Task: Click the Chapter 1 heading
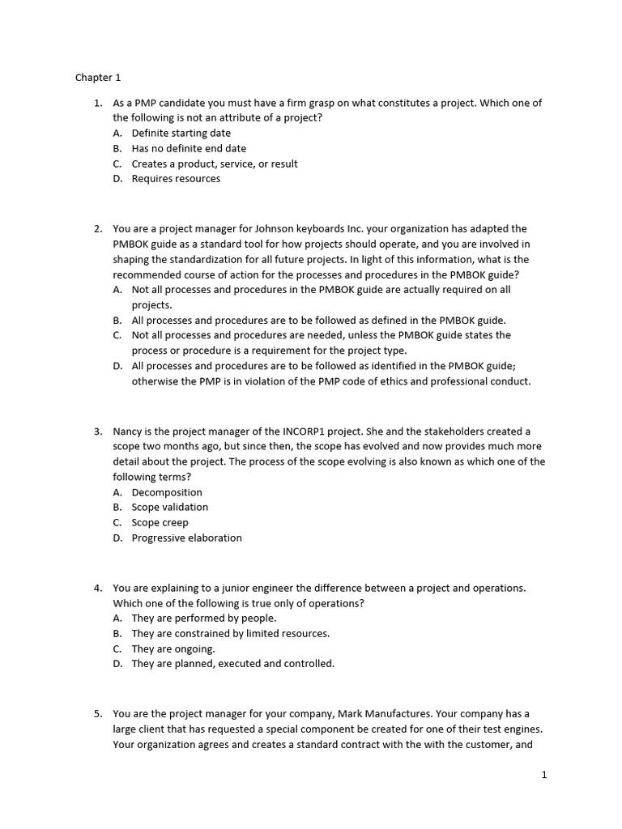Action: coord(98,78)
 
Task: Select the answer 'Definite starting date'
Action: coord(181,133)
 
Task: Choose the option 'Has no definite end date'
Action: coord(189,148)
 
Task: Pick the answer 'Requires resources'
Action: coord(176,178)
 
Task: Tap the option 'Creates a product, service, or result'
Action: coord(215,164)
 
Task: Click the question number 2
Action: coord(97,229)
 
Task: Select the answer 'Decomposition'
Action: coord(167,492)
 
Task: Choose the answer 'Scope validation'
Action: coord(170,507)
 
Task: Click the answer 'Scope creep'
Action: coord(160,522)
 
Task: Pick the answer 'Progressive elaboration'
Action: coord(186,538)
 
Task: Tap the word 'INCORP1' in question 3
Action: coord(327,432)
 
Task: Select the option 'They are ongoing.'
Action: coord(173,648)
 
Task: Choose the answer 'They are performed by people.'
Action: coord(204,618)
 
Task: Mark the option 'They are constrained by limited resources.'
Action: coord(231,633)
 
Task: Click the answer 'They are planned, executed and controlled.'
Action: coord(232,663)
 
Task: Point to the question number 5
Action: coord(97,714)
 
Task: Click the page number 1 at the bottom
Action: coord(544,775)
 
